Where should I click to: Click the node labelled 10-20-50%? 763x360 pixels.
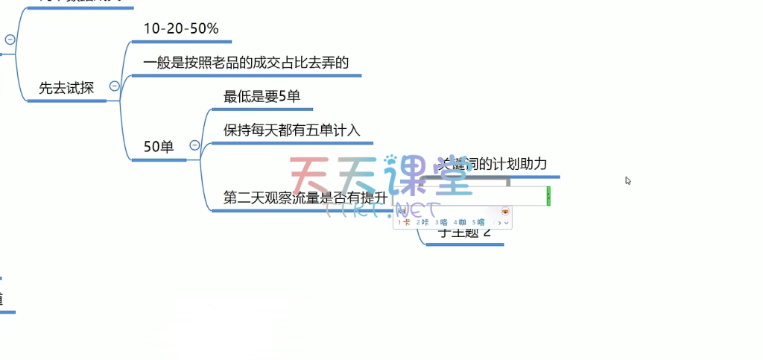point(181,29)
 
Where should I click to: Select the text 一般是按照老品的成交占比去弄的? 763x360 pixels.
point(246,62)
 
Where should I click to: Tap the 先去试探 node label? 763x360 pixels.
point(66,87)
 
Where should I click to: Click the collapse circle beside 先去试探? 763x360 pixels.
point(114,86)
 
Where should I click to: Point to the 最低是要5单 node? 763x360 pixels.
point(262,96)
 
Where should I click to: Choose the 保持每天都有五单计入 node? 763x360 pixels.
point(291,130)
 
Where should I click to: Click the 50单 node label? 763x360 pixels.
point(158,147)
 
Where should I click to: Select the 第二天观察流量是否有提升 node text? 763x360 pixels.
point(305,198)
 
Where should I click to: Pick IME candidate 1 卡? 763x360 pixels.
point(404,222)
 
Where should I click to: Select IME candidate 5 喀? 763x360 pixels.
point(478,222)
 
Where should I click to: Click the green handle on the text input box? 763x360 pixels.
point(548,196)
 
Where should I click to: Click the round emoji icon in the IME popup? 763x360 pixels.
point(505,212)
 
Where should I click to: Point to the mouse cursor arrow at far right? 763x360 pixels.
point(628,180)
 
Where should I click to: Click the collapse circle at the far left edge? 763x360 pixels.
point(10,40)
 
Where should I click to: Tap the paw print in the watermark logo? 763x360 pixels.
point(390,160)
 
